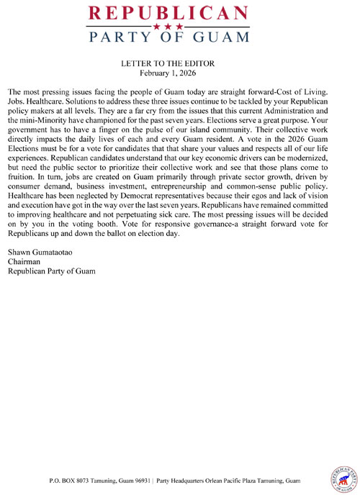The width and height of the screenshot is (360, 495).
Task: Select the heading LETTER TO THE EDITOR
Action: pos(169,64)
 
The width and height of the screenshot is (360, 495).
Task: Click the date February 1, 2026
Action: pos(169,73)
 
